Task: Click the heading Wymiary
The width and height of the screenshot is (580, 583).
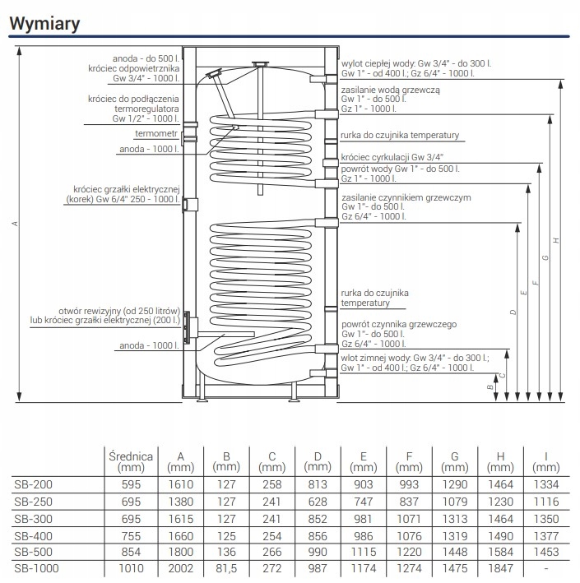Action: [44, 23]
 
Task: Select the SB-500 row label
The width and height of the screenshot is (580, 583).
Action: [34, 552]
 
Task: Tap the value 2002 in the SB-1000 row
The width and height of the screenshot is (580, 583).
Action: [181, 568]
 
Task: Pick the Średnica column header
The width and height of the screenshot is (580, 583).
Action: [131, 461]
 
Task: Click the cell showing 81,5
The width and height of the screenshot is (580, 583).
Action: [226, 568]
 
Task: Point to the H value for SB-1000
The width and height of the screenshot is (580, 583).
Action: [500, 568]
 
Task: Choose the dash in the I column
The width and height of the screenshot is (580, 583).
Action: [546, 568]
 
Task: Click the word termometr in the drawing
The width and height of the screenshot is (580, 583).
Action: [156, 133]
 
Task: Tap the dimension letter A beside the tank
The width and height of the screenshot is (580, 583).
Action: [15, 224]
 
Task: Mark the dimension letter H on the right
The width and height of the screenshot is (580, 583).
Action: [556, 241]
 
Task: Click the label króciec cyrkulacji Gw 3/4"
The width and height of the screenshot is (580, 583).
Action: [392, 157]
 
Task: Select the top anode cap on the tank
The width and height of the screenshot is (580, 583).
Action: [261, 64]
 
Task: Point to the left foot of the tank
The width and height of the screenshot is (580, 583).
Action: [202, 400]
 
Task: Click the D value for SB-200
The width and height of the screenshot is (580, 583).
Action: [318, 484]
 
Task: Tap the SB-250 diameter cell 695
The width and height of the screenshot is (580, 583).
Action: [131, 502]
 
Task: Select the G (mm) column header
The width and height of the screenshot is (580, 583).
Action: [455, 461]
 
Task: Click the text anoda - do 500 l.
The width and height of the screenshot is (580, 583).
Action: [146, 58]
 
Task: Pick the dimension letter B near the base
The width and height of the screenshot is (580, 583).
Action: [490, 387]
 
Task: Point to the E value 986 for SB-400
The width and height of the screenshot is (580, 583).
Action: [363, 536]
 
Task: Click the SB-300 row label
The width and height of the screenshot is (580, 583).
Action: [34, 519]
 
